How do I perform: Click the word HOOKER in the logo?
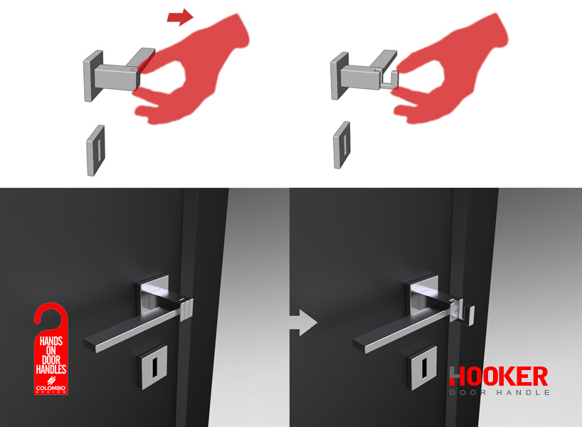point(498,376)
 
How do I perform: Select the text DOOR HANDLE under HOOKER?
point(499,392)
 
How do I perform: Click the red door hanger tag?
point(51,356)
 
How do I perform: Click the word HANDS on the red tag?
point(51,342)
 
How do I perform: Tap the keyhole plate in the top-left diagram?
point(95,149)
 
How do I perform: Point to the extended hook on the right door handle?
point(470,311)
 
